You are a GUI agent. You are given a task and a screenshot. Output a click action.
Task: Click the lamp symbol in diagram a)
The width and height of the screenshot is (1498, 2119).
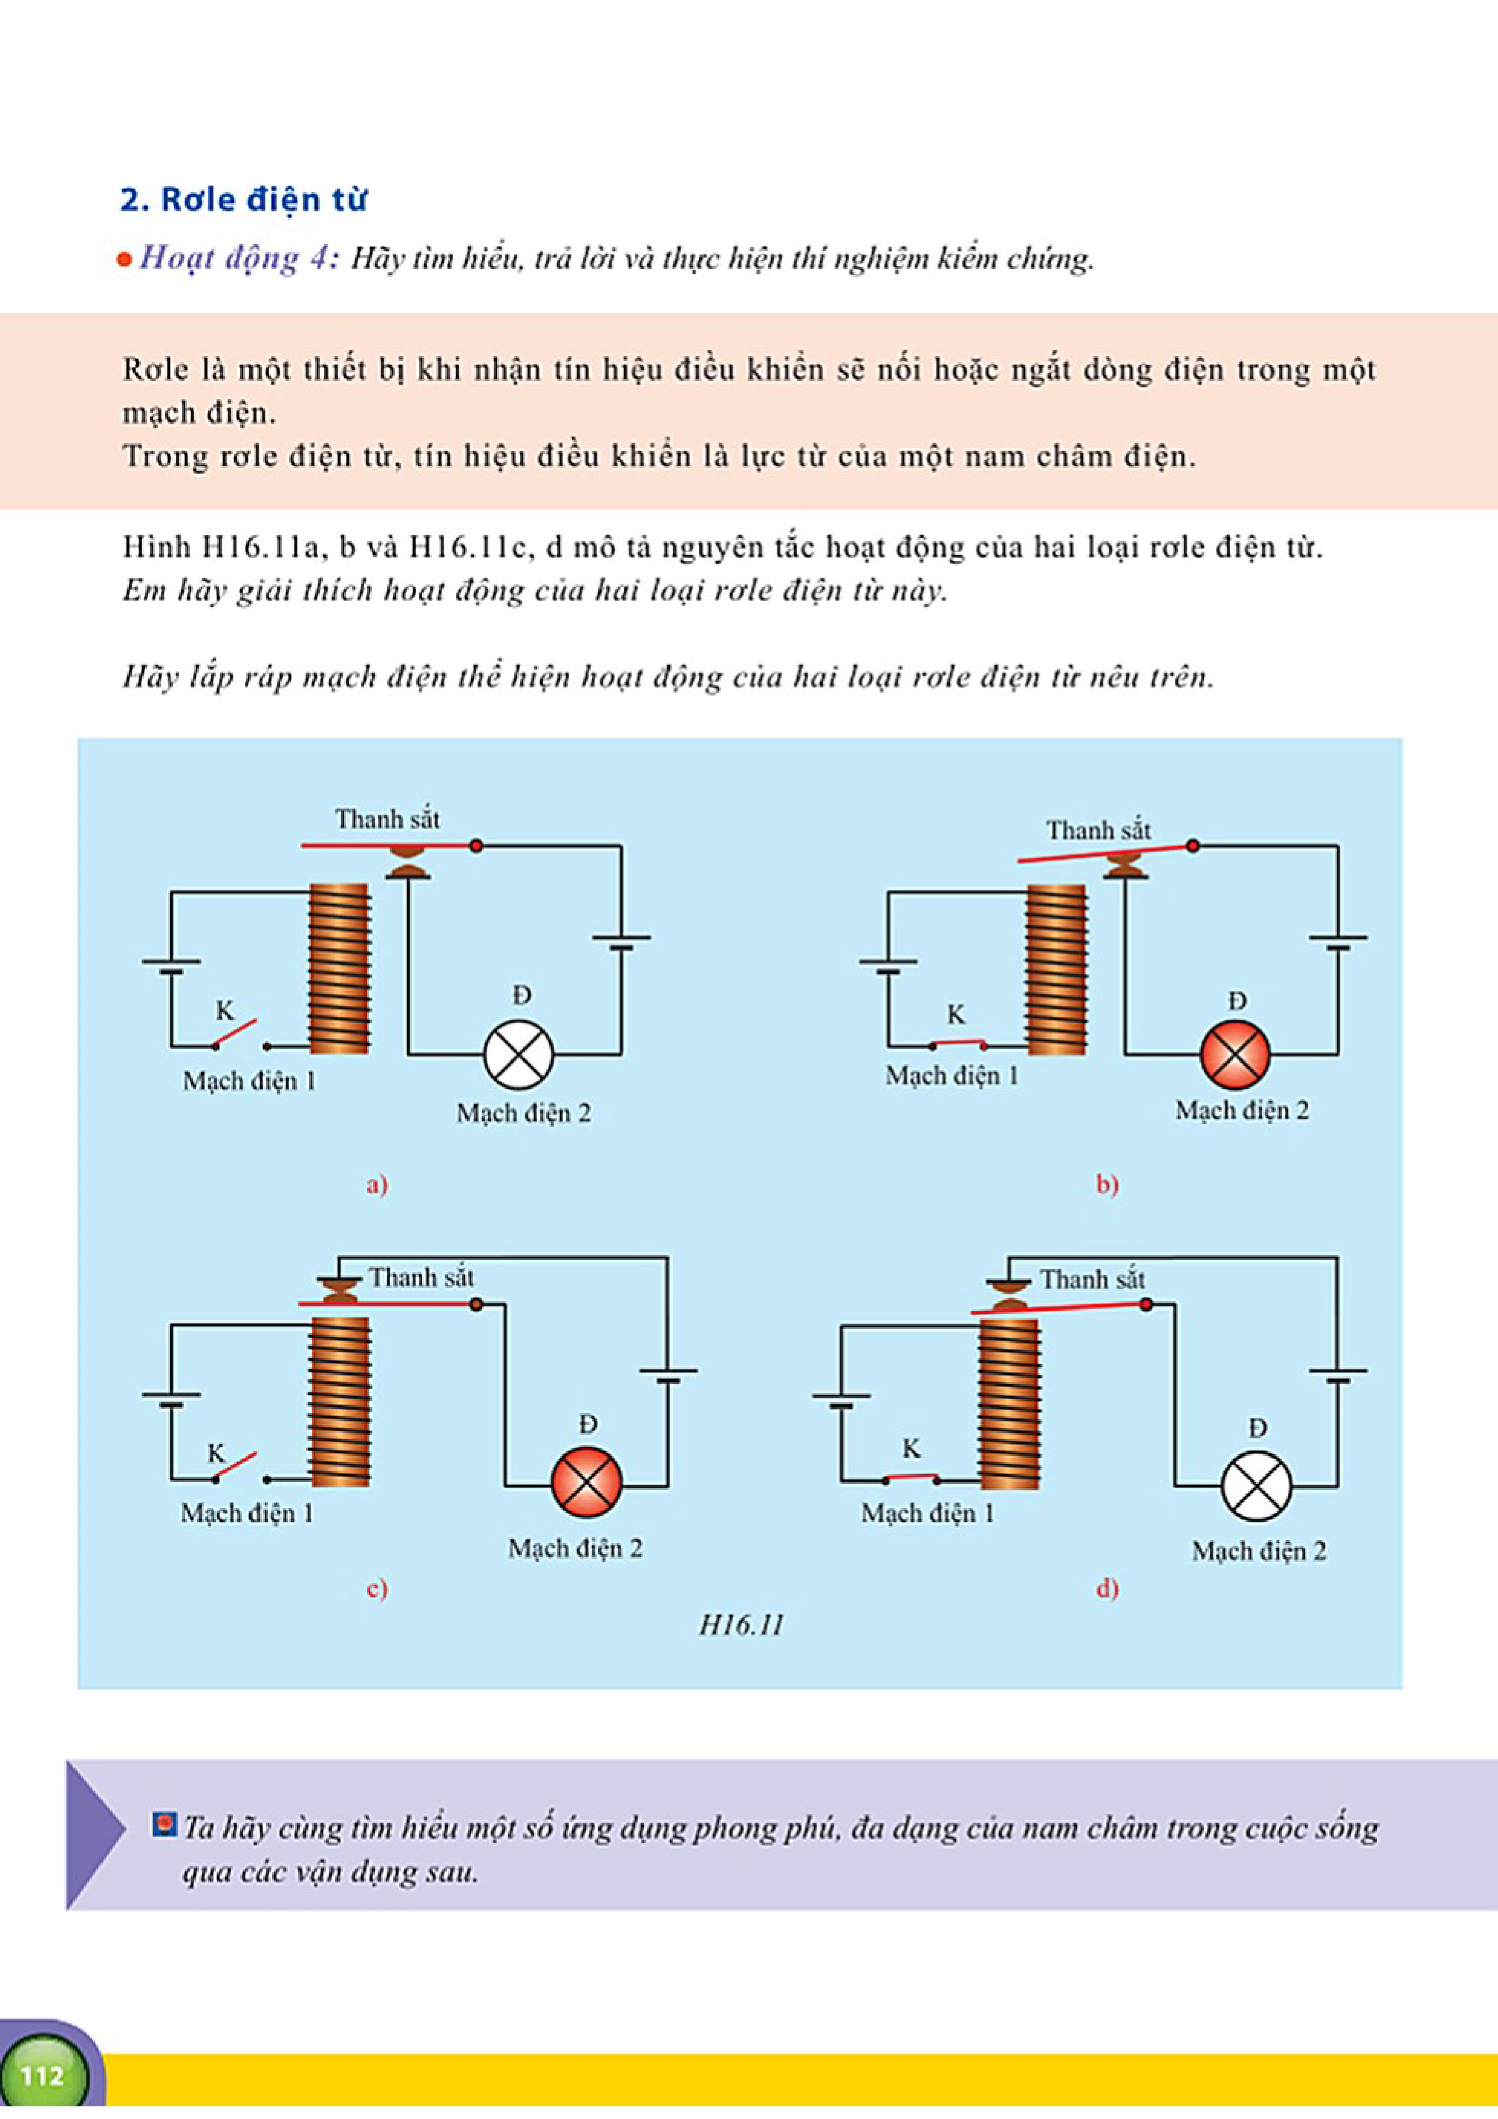click(519, 1055)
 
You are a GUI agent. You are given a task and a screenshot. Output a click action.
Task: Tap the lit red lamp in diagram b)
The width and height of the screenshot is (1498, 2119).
click(1235, 1055)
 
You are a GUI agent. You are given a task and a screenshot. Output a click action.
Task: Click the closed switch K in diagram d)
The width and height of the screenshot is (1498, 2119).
click(911, 1478)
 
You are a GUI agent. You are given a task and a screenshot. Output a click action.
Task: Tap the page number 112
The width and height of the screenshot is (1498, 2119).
click(42, 2075)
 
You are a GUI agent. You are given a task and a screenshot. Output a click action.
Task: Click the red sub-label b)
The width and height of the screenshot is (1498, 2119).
click(1107, 1184)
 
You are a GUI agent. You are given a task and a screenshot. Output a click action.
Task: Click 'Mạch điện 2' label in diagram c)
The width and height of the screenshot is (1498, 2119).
click(574, 1548)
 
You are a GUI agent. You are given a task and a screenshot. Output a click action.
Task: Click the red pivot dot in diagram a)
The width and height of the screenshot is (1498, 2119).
click(475, 846)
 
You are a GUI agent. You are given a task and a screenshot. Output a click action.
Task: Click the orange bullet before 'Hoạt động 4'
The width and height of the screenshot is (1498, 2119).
click(124, 260)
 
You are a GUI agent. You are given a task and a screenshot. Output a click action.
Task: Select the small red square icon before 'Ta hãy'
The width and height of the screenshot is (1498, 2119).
click(164, 1825)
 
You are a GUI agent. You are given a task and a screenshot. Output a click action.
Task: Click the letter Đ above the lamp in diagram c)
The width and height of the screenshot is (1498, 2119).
click(587, 1424)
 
